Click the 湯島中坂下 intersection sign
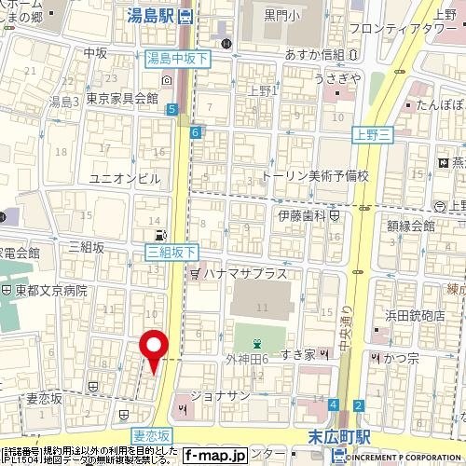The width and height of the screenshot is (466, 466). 179,59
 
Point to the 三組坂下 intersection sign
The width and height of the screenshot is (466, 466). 171,252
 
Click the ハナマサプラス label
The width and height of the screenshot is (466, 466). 241,274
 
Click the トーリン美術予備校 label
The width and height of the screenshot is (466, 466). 316,174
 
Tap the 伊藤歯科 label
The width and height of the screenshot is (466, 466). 300,215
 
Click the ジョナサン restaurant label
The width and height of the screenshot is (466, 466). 220,395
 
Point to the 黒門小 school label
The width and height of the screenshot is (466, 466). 281,14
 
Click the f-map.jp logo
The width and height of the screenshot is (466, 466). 214,455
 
